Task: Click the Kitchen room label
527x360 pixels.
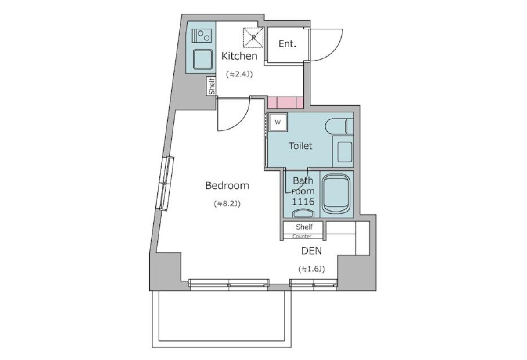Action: [239, 56]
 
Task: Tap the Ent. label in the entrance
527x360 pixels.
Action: [287, 44]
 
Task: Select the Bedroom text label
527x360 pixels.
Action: [227, 186]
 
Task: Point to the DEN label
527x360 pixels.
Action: [311, 251]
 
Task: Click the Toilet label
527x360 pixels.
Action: [300, 146]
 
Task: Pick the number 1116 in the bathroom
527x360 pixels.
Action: [303, 202]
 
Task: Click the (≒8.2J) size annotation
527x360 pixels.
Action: [227, 204]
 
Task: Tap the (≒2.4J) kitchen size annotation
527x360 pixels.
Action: [239, 74]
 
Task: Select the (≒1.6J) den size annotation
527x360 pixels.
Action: [311, 269]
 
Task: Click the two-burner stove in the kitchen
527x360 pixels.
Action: [202, 36]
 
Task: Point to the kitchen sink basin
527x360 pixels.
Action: [203, 59]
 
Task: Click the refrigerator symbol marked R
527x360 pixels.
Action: [253, 38]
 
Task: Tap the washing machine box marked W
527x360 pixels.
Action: [278, 122]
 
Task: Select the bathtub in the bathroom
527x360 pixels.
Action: [336, 194]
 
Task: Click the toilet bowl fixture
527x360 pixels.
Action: [339, 126]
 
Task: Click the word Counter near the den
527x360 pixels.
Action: [302, 236]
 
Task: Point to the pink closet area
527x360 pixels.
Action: [285, 103]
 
